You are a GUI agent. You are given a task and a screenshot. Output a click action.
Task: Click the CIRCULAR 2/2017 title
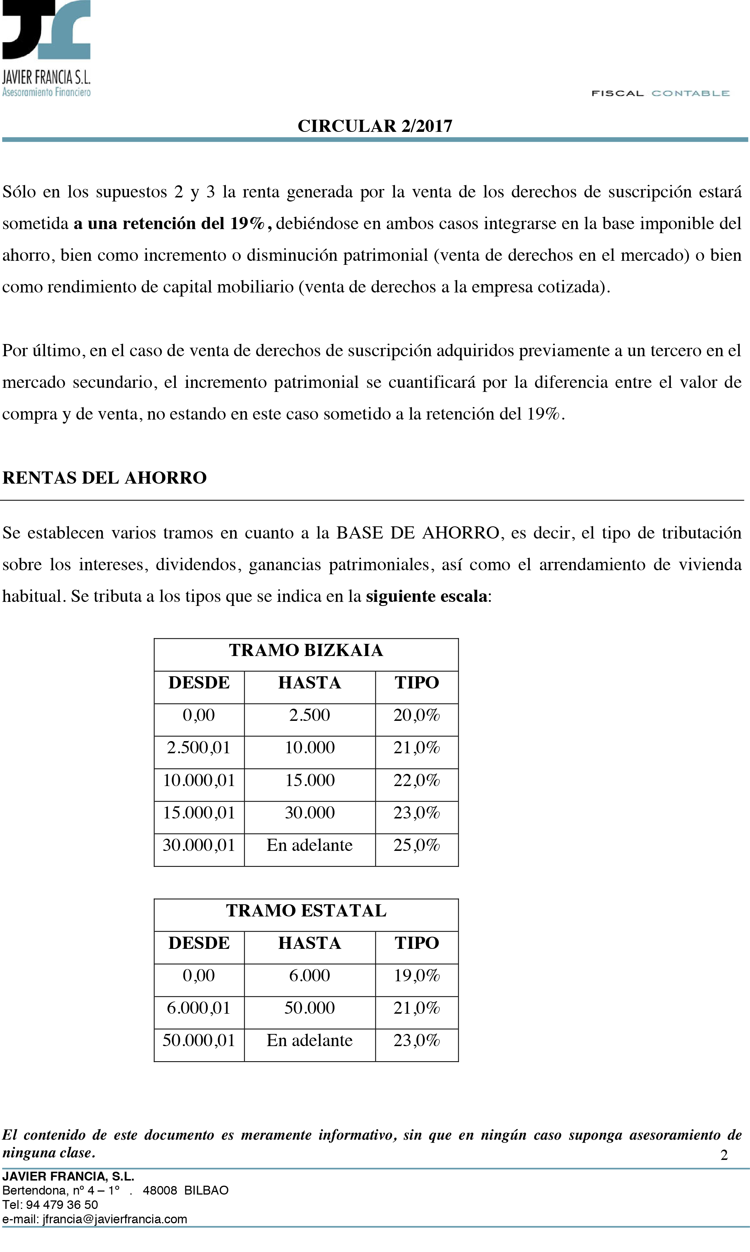[x=375, y=126]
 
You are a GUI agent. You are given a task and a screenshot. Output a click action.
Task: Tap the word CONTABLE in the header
[x=690, y=94]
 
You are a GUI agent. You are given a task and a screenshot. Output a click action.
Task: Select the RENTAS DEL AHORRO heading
[x=105, y=477]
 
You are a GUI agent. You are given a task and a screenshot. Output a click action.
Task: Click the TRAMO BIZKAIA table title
[x=306, y=650]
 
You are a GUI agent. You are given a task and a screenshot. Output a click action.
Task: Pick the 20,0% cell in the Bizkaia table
[x=417, y=715]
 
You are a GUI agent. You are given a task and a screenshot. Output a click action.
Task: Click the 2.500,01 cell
[x=199, y=747]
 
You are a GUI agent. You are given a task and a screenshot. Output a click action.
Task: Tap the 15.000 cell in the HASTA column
[x=309, y=780]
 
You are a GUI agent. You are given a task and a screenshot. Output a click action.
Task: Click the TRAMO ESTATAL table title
[x=306, y=911]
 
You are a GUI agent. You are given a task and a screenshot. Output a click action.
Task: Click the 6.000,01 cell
[x=199, y=1008]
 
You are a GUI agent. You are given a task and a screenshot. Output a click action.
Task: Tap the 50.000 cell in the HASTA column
[x=309, y=1008]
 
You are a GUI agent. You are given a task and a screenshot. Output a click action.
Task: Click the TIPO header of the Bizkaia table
[x=417, y=683]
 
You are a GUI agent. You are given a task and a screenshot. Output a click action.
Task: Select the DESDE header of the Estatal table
[x=199, y=943]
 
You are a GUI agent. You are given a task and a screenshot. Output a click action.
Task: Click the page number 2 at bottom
[x=724, y=1155]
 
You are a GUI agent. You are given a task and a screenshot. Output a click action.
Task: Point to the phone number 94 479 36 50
[x=62, y=1204]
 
